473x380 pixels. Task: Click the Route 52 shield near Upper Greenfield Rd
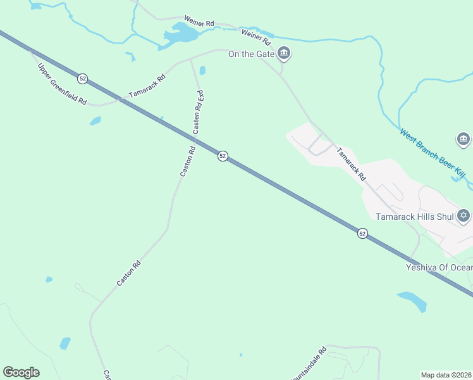(x=83, y=79)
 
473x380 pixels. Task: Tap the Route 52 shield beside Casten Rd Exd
(x=223, y=156)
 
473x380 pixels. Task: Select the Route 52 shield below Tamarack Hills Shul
(x=362, y=234)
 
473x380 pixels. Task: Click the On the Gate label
(x=251, y=54)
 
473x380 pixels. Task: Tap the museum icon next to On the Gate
(x=284, y=53)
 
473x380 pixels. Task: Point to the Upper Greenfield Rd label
(x=61, y=84)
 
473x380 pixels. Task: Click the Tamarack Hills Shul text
(x=415, y=217)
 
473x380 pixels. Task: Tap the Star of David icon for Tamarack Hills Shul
(x=464, y=216)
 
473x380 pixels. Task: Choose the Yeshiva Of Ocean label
(x=439, y=267)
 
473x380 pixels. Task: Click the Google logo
(x=21, y=372)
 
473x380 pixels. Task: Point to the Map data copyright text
(x=446, y=375)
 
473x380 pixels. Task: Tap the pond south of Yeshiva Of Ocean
(x=412, y=300)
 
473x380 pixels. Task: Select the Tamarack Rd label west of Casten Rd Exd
(x=147, y=86)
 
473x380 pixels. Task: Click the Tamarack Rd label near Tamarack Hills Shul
(x=350, y=165)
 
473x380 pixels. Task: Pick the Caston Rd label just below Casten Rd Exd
(x=188, y=161)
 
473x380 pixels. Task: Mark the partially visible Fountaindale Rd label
(x=309, y=364)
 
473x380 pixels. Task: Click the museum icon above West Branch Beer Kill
(x=464, y=139)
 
